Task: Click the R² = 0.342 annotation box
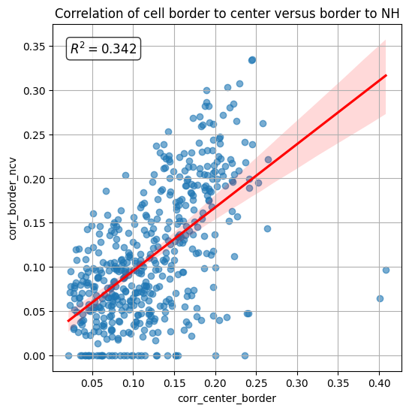click(104, 49)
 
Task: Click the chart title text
click(227, 14)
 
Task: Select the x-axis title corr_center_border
click(227, 397)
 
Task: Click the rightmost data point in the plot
click(386, 270)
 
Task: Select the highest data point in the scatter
click(252, 59)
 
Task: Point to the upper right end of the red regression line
click(386, 75)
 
